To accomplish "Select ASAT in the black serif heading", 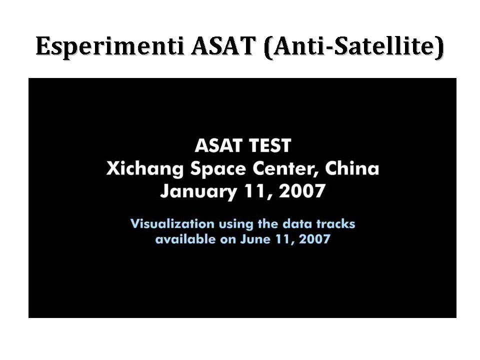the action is (x=223, y=45).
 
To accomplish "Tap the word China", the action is (x=352, y=168).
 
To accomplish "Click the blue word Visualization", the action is (x=172, y=224).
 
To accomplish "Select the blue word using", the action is (x=236, y=224).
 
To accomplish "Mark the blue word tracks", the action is (x=335, y=224).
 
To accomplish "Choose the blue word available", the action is (x=185, y=239).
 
